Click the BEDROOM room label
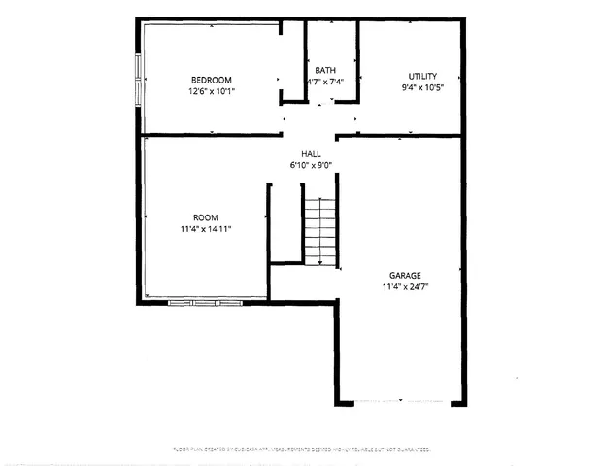click(211, 80)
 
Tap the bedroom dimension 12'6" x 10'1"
click(211, 91)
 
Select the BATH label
click(325, 71)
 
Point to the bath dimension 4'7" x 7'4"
click(325, 83)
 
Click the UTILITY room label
click(422, 76)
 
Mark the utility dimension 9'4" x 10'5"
click(422, 87)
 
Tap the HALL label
click(311, 153)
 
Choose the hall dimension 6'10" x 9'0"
click(311, 165)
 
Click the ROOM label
click(205, 217)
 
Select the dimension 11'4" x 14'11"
click(205, 229)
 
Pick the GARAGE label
click(406, 276)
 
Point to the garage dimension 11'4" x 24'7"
click(406, 287)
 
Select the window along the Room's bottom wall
click(204, 303)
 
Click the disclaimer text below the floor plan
click(301, 449)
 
